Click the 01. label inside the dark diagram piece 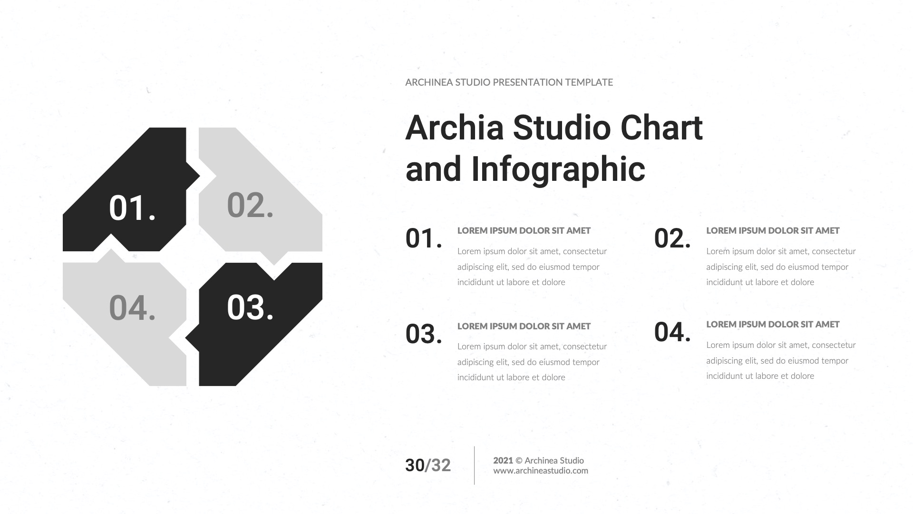[132, 208]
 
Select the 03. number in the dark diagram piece [250, 307]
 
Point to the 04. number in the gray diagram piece [132, 308]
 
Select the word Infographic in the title [558, 169]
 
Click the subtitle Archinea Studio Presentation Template [509, 82]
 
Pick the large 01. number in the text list [424, 238]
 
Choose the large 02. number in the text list [672, 238]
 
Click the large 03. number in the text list [424, 334]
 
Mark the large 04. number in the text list [672, 332]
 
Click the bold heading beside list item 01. [524, 231]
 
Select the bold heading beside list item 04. [773, 325]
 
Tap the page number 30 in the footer [414, 465]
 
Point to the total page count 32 [441, 465]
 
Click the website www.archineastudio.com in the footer [541, 471]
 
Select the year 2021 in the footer [503, 460]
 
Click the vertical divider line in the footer [474, 465]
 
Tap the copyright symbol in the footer [519, 460]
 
